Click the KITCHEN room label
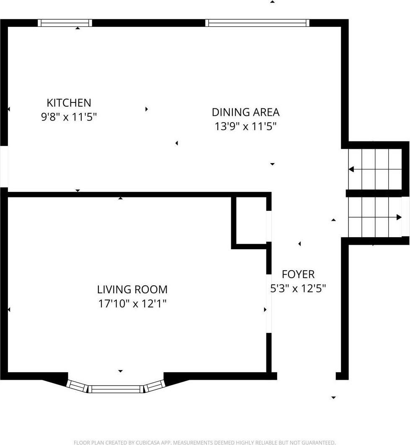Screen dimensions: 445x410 69,102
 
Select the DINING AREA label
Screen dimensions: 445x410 245,112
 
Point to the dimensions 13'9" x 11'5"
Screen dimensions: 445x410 245,126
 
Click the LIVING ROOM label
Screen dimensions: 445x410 132,289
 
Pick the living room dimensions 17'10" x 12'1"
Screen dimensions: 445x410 132,304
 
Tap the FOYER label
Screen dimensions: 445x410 298,274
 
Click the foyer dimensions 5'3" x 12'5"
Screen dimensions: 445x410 298,289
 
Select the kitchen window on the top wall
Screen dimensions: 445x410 65,23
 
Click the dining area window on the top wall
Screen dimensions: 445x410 258,23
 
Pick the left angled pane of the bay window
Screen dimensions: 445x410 78,385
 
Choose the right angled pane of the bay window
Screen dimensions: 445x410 153,385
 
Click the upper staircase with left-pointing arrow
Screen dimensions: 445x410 375,169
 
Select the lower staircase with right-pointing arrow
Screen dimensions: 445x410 375,217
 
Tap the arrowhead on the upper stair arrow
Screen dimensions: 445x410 351,169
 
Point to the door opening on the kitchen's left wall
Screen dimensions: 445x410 4,166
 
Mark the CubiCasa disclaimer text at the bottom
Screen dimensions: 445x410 204,442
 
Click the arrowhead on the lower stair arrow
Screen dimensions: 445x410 399,217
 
